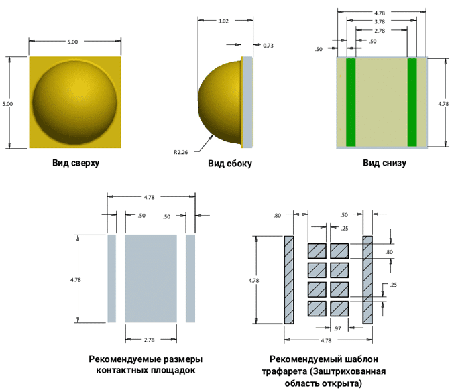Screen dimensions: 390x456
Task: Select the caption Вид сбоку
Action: [x=229, y=164]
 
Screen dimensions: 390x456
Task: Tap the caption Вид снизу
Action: [x=384, y=163]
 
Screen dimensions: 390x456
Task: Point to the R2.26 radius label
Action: [x=180, y=152]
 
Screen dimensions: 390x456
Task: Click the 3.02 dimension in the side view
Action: [x=225, y=21]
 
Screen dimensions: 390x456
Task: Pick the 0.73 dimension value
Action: [x=268, y=46]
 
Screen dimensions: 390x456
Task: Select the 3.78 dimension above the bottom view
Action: [x=380, y=21]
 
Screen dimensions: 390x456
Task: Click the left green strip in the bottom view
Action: [x=350, y=103]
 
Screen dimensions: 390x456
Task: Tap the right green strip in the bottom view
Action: [x=412, y=103]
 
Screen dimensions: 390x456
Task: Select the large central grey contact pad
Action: [x=151, y=278]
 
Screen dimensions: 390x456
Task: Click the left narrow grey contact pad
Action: [x=112, y=278]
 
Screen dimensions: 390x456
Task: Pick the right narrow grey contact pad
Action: [x=190, y=278]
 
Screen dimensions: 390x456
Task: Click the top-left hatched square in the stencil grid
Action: [x=317, y=251]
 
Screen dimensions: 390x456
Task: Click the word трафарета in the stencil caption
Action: [x=289, y=371]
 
